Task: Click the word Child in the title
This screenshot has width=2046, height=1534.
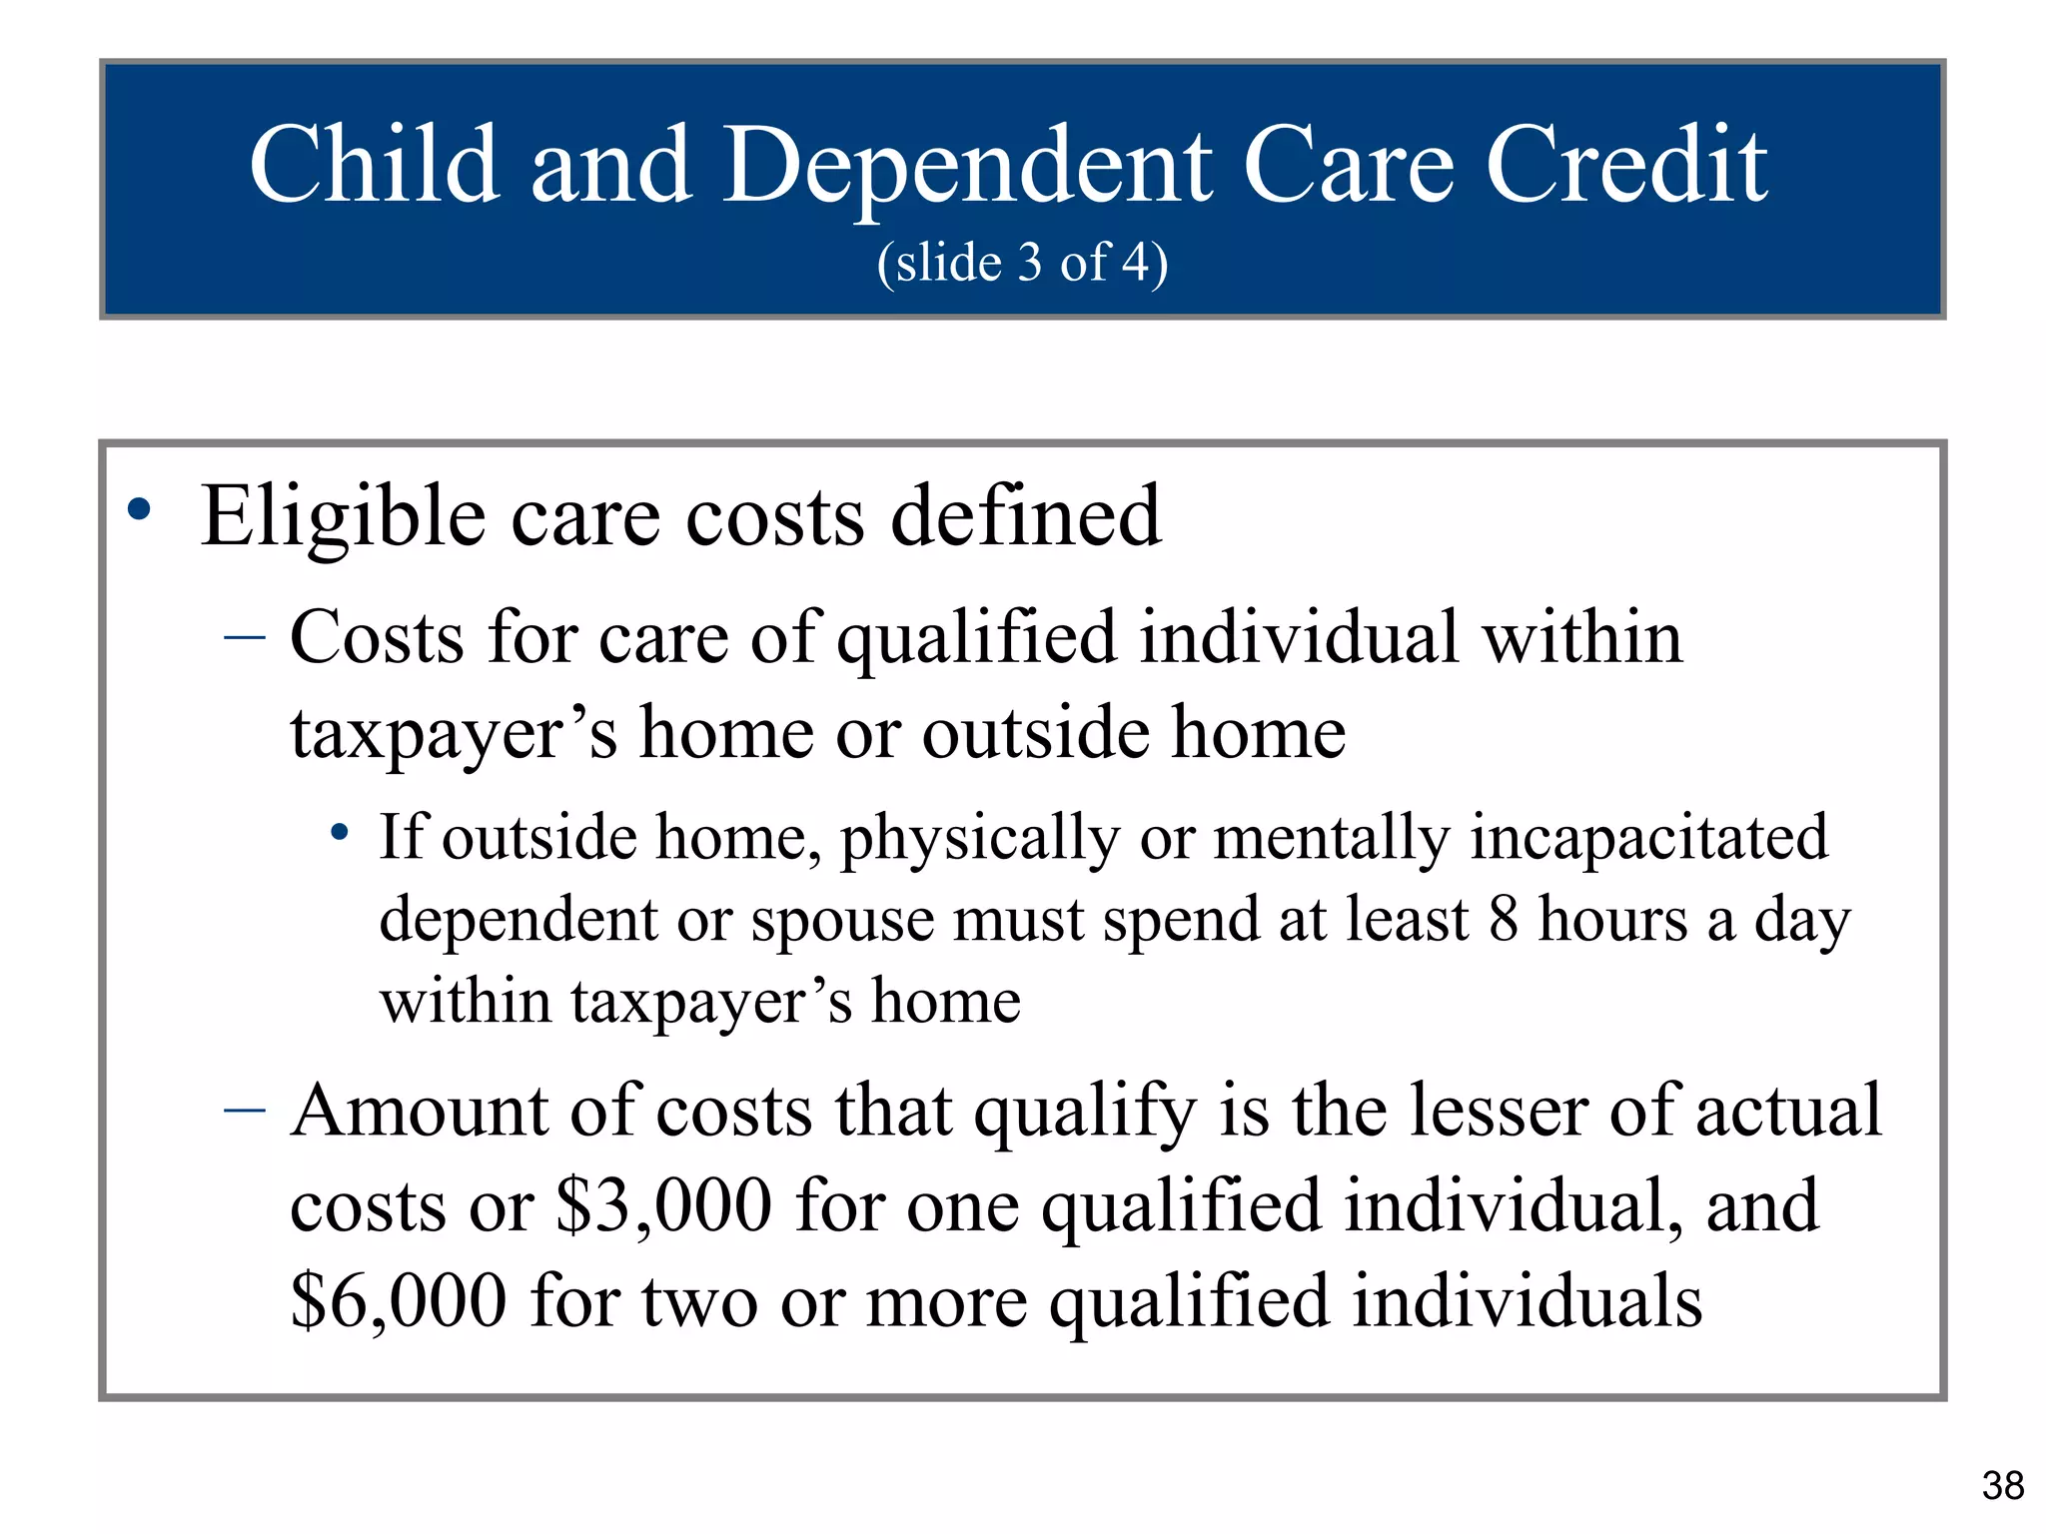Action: [x=375, y=165]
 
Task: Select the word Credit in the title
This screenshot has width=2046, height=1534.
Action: [x=1626, y=165]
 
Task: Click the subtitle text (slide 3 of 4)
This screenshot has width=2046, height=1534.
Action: [x=1022, y=264]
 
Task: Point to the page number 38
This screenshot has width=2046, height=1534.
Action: [x=2003, y=1486]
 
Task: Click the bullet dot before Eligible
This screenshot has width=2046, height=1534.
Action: [x=140, y=510]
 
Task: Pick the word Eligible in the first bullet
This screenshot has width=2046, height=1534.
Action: [x=344, y=517]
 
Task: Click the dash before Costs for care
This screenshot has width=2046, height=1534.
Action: [x=245, y=637]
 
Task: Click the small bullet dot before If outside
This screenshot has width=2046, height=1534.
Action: [x=341, y=831]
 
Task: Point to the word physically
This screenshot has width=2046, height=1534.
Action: [x=980, y=839]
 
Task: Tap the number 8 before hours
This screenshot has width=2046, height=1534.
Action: [x=1505, y=919]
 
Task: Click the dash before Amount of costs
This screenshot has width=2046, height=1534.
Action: [x=245, y=1110]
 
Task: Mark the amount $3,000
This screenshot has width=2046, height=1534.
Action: [x=663, y=1206]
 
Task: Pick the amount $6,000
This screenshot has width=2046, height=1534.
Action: [x=398, y=1302]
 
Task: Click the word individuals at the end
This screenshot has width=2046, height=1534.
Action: [x=1527, y=1302]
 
